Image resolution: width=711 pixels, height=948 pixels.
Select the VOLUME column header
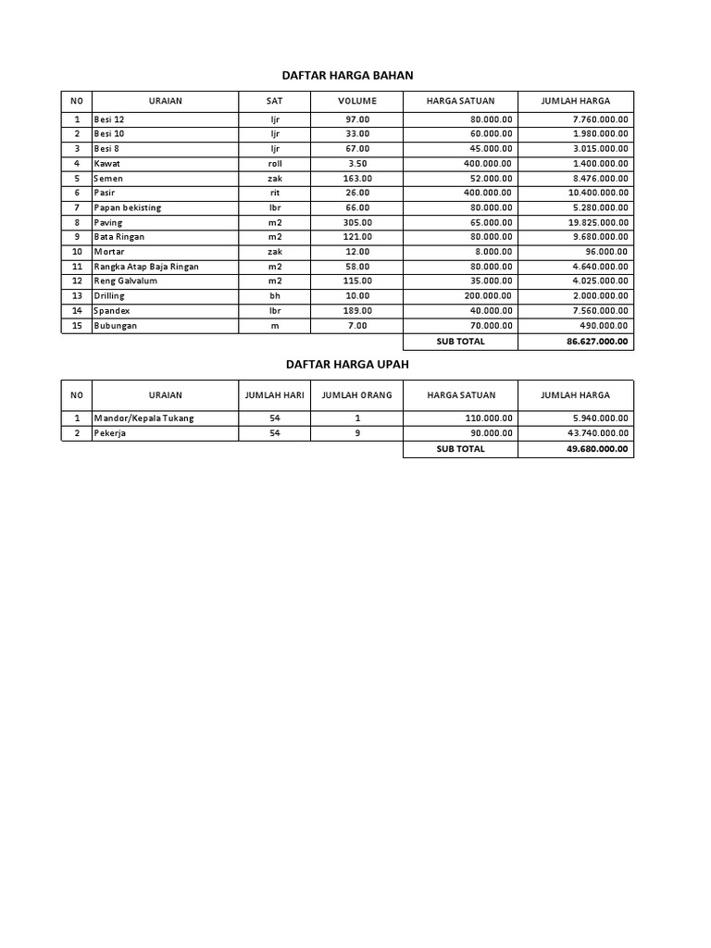(356, 100)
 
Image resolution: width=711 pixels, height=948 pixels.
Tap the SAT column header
(274, 100)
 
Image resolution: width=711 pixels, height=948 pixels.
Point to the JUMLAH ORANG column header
(356, 395)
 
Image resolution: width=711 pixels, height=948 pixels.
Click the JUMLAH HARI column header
(274, 395)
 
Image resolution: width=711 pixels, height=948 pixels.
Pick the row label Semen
(108, 178)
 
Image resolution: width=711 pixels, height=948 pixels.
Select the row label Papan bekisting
(127, 207)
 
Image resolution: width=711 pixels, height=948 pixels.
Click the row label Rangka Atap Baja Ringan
(145, 267)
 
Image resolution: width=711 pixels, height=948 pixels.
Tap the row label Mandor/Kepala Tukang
(143, 418)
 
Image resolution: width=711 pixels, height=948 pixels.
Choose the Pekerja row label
(109, 433)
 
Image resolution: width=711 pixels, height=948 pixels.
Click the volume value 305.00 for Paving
(356, 222)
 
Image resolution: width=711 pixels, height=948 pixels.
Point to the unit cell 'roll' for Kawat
(274, 163)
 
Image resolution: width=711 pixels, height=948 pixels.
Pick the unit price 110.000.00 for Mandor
(489, 418)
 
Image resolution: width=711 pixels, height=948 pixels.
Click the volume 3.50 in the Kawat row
(356, 163)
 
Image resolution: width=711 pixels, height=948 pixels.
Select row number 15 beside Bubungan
(77, 326)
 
